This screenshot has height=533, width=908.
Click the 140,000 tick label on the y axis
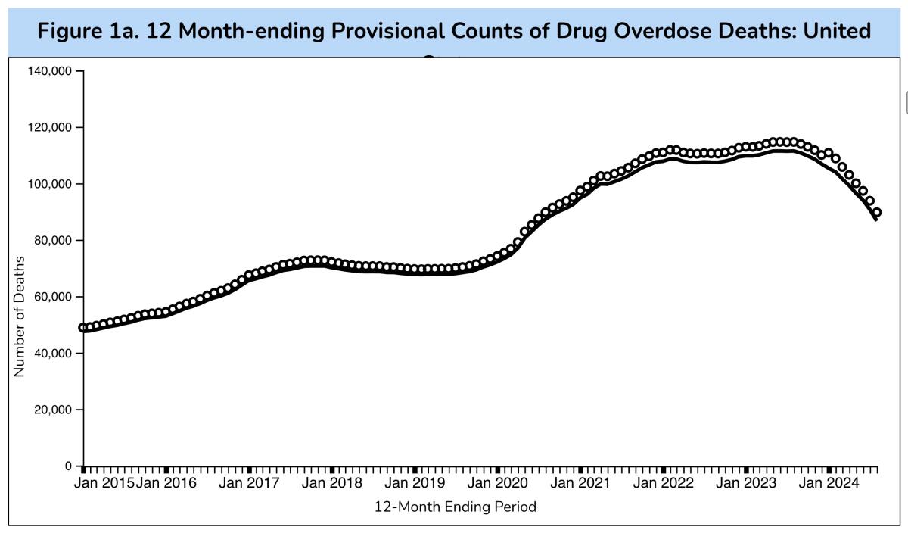coord(50,71)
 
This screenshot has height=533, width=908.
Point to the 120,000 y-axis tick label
coord(50,127)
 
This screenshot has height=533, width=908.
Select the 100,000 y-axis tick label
coord(50,184)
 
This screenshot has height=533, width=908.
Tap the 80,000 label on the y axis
coord(53,241)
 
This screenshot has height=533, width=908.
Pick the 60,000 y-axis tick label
coord(53,297)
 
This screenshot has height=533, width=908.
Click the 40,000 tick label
coord(53,354)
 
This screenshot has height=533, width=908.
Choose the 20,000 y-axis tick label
coord(53,410)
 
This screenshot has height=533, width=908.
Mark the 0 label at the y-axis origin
coord(68,466)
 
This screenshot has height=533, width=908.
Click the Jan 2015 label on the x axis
coord(104,483)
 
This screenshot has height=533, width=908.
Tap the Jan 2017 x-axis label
coord(249,483)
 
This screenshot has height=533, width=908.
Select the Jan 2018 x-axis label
coord(331,483)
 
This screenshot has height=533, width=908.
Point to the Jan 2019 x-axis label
coord(415,483)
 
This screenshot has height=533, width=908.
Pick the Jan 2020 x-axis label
coord(497,483)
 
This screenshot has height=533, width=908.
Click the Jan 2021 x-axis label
coord(580,483)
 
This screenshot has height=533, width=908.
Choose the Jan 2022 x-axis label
coord(663,483)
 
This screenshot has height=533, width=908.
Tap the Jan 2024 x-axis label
coord(829,483)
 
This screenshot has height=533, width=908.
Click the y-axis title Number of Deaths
coord(20,316)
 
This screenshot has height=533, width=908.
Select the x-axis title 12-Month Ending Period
coord(456,507)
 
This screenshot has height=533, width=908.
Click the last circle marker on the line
coord(876,213)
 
